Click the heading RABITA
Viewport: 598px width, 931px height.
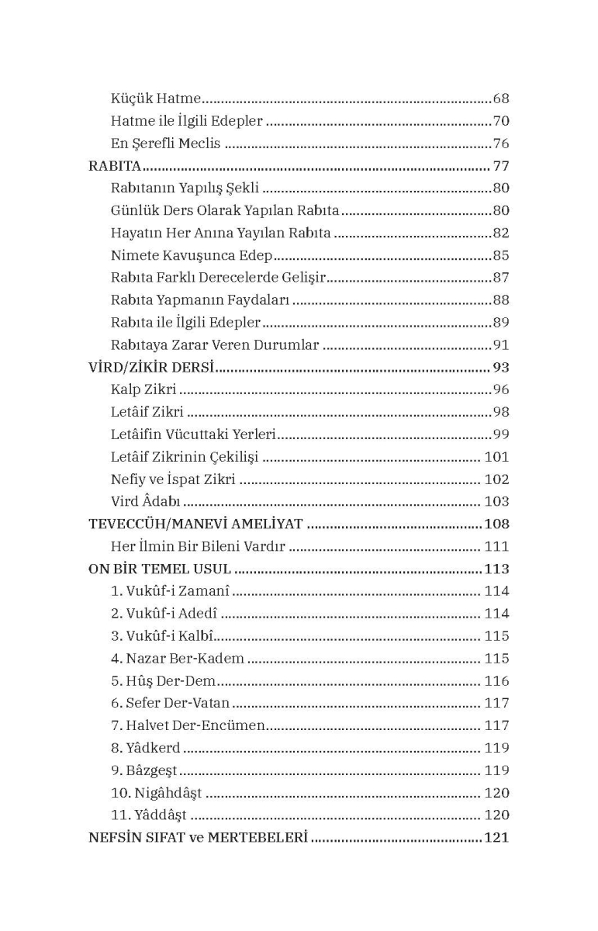point(115,166)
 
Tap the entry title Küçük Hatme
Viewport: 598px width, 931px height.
point(157,99)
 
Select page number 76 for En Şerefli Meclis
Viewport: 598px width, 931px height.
point(500,144)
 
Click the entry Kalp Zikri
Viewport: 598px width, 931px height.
point(143,390)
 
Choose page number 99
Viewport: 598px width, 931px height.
point(500,435)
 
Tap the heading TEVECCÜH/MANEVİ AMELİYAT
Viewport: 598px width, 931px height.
point(195,524)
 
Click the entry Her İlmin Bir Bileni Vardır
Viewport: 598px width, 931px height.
point(199,547)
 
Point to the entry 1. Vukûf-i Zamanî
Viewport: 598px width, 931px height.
point(170,591)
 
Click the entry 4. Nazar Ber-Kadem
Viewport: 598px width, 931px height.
point(178,659)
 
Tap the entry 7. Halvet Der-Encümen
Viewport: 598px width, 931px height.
point(188,726)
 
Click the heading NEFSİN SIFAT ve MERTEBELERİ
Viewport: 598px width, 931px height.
point(199,838)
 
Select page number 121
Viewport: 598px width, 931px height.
point(496,838)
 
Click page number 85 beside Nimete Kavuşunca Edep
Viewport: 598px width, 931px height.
point(500,255)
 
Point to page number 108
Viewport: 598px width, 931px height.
point(496,524)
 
